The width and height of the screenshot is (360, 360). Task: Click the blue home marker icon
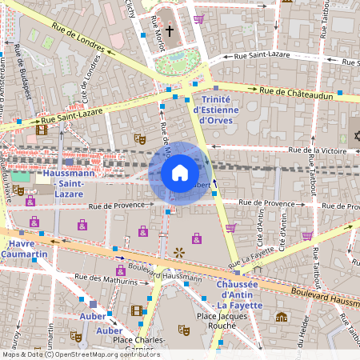pyautogui.click(x=179, y=173)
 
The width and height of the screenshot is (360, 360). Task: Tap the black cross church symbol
pyautogui.click(x=170, y=35)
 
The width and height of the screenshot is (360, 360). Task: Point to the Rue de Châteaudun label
pyautogui.click(x=297, y=91)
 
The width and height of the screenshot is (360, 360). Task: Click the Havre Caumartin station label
pyautogui.click(x=24, y=249)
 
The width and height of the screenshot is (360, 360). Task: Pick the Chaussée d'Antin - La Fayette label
pyautogui.click(x=246, y=290)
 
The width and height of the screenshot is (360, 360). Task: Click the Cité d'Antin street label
pyautogui.click(x=259, y=228)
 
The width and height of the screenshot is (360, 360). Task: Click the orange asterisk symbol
pyautogui.click(x=178, y=253)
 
